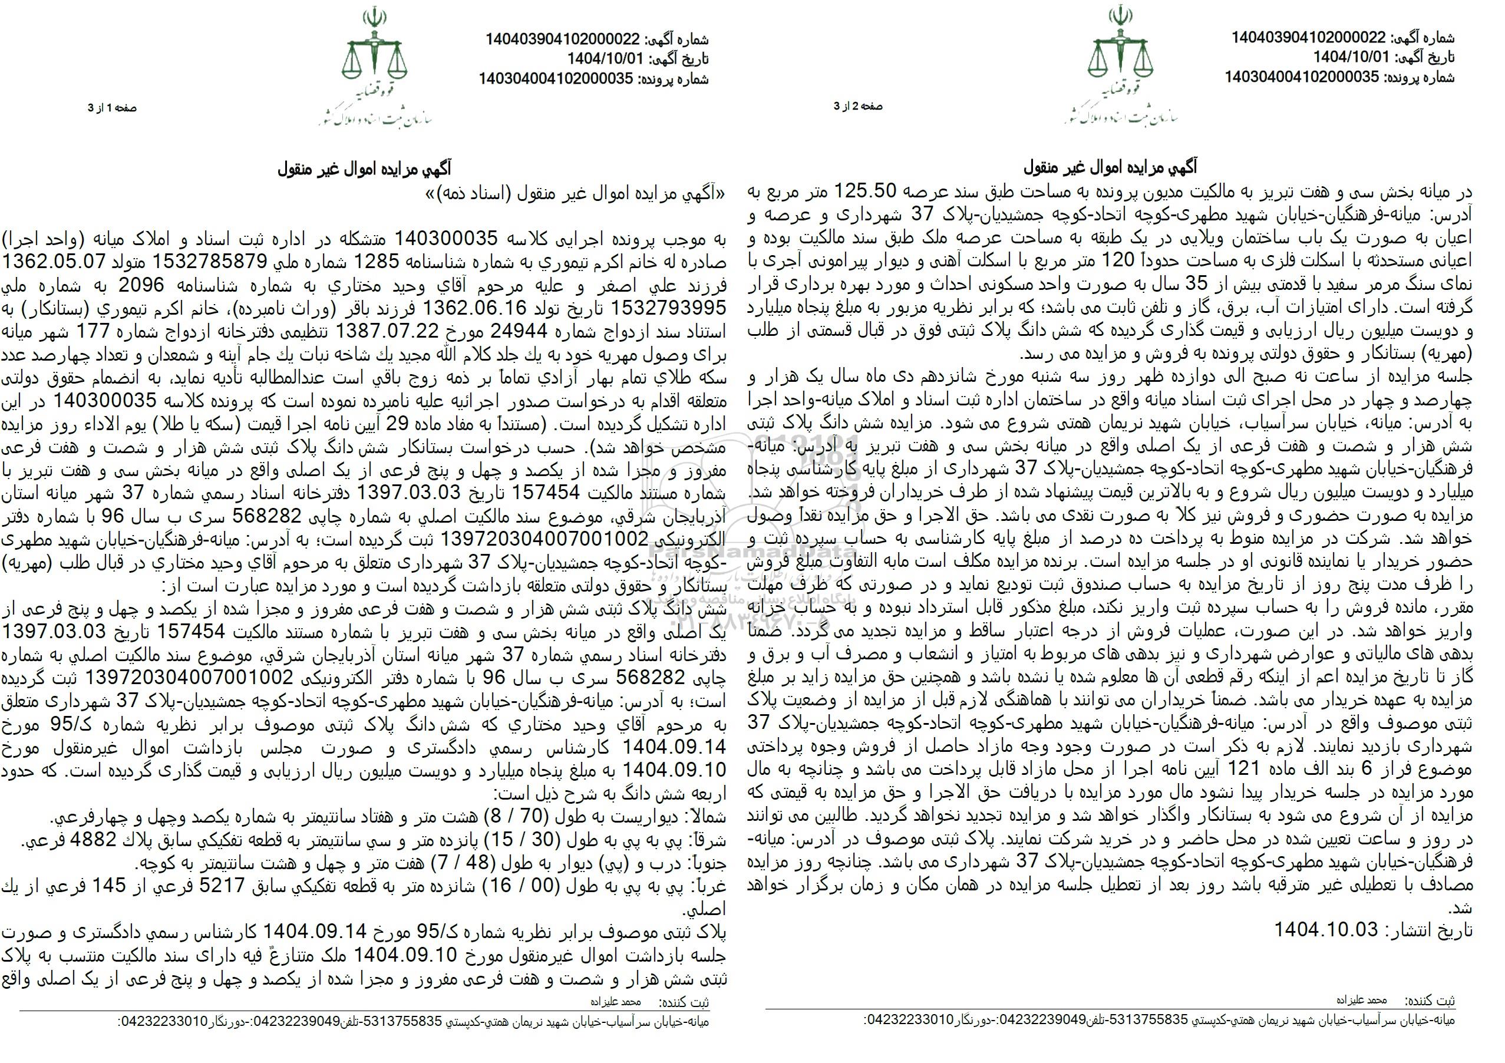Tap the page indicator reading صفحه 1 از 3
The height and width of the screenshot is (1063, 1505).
113,109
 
